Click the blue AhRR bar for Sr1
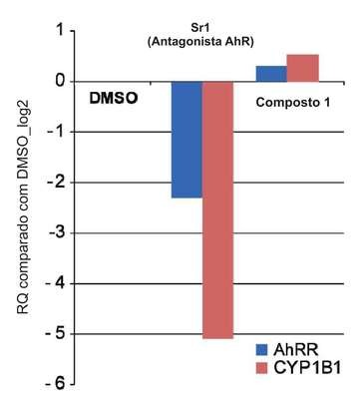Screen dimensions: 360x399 [186, 140]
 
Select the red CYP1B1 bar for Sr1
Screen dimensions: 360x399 [218, 210]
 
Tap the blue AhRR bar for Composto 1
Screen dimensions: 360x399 [271, 74]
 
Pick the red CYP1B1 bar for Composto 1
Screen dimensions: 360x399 [303, 68]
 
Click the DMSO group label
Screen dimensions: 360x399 [114, 99]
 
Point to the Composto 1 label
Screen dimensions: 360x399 [293, 103]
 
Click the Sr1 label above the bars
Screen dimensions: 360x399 [200, 29]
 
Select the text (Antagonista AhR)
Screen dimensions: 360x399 [200, 43]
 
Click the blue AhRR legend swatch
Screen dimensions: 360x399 [261, 350]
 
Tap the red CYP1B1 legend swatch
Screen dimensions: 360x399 [261, 368]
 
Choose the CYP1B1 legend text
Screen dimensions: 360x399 [307, 368]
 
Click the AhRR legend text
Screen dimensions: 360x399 [296, 350]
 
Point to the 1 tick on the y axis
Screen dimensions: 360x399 [61, 31]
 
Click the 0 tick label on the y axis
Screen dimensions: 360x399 [60, 82]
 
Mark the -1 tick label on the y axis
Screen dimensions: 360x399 [56, 132]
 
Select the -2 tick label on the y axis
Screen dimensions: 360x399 [56, 183]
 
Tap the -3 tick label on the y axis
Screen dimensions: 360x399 [56, 233]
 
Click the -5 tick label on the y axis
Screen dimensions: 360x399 [56, 334]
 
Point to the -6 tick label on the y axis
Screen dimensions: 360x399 [56, 385]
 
